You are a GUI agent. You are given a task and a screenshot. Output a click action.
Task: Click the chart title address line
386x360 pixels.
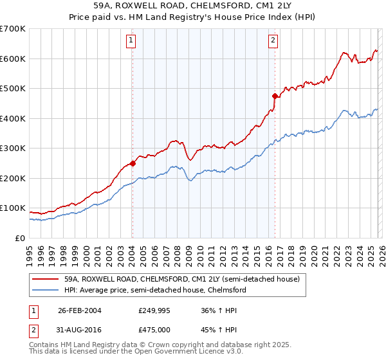[193, 6]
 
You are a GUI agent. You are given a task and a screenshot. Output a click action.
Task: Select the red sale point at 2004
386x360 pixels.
[133, 163]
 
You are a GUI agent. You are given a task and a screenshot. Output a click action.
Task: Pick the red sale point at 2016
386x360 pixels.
[275, 96]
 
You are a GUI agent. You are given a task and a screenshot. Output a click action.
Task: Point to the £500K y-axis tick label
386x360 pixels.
[13, 89]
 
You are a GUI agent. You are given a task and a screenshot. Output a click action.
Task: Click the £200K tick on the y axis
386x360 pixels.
[13, 178]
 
